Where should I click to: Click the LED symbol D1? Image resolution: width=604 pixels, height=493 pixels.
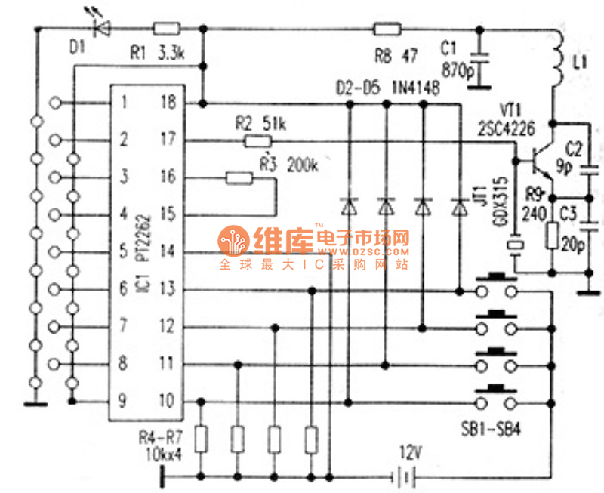coord(99,29)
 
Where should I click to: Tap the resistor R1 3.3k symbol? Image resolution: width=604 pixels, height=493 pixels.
coord(165,29)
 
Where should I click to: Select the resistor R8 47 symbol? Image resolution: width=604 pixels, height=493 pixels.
coord(387,30)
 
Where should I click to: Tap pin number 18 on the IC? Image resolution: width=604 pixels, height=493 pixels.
coord(168,103)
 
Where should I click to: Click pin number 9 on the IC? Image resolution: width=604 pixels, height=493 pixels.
coord(121,400)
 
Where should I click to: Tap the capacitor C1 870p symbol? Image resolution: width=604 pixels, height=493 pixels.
coord(478,60)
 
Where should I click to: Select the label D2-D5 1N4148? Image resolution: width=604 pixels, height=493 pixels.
coord(388,86)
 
